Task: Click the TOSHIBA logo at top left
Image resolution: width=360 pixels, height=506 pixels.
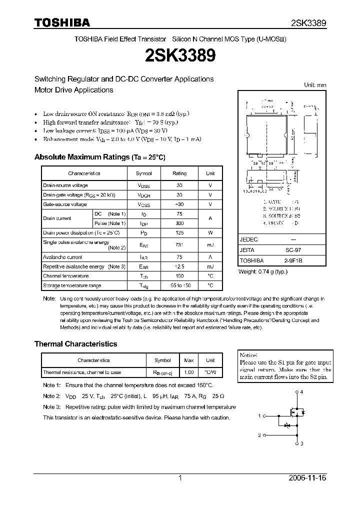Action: tap(62, 22)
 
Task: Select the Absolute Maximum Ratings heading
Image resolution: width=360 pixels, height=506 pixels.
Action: tap(99, 157)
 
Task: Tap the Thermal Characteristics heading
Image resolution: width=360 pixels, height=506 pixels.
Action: tap(75, 344)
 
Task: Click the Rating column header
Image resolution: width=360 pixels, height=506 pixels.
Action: tap(179, 173)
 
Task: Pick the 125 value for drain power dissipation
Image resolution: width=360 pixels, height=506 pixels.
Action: tap(179, 232)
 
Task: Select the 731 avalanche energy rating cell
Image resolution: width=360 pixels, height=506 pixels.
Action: tap(179, 245)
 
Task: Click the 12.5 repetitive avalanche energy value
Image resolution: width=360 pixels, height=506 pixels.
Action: tap(179, 266)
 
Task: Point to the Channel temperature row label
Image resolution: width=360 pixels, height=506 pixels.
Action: tap(66, 276)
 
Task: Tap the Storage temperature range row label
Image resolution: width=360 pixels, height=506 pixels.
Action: tap(72, 285)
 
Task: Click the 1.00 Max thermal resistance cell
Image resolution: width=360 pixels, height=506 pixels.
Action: tap(189, 372)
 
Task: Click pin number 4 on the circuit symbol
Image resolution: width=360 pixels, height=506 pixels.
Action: tap(301, 392)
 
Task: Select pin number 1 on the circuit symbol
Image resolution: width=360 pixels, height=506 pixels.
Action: tap(259, 416)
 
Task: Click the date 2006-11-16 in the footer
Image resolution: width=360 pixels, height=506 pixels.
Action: tap(307, 478)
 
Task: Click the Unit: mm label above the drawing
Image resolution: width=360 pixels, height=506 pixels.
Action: tap(315, 85)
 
